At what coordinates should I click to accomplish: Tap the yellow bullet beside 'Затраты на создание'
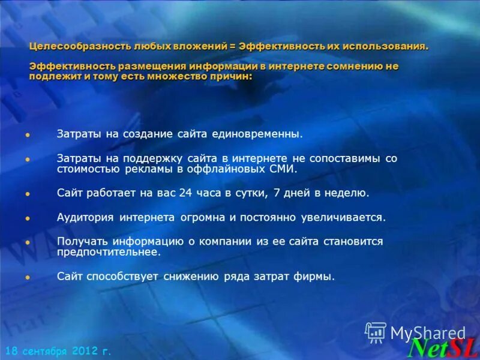pyautogui.click(x=28, y=135)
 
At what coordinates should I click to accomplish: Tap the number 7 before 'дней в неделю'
pyautogui.click(x=275, y=193)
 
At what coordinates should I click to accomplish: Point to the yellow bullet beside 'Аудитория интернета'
pyautogui.click(x=28, y=218)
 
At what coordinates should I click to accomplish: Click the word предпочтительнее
pyautogui.click(x=109, y=253)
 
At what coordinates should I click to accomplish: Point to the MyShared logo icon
pyautogui.click(x=376, y=332)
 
